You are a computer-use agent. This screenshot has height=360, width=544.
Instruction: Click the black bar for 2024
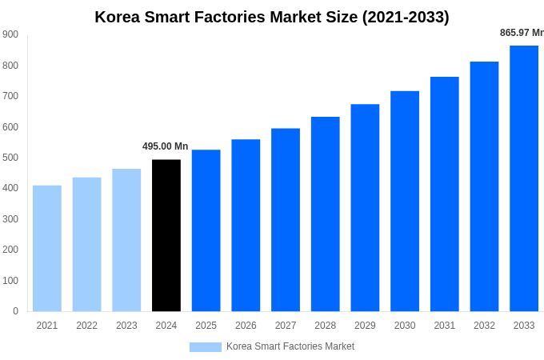pos(166,235)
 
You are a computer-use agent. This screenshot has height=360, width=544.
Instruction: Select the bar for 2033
pos(524,178)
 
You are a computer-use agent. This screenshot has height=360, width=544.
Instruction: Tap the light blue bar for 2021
pos(47,248)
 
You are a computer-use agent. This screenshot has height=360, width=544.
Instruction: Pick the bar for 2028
pos(326,214)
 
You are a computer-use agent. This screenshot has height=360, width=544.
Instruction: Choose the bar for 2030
pos(405,201)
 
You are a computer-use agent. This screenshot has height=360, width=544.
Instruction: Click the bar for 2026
pos(246,225)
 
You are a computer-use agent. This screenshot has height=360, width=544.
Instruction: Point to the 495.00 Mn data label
pos(166,146)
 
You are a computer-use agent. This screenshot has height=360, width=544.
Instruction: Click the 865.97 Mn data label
pos(521,33)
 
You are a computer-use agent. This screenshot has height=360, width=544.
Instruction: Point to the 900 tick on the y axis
pos(10,34)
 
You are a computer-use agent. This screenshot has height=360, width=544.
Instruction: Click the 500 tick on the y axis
pos(10,158)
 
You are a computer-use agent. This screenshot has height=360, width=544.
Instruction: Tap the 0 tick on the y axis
pos(15,311)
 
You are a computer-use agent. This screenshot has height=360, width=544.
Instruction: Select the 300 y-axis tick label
pos(10,219)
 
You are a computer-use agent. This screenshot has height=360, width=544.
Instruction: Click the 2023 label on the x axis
pos(126,326)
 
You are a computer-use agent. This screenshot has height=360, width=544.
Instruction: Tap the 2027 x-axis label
pos(286,326)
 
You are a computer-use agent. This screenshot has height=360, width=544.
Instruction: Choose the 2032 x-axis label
pos(484,326)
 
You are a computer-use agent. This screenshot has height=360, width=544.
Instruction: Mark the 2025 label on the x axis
pos(206,326)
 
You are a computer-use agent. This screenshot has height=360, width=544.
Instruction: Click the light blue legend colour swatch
pos(205,346)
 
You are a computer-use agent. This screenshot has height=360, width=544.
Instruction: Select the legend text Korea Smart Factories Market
pos(290,346)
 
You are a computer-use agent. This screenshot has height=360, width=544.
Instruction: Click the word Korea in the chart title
pos(117,17)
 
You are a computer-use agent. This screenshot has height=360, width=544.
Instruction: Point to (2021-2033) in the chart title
pos(406,17)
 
